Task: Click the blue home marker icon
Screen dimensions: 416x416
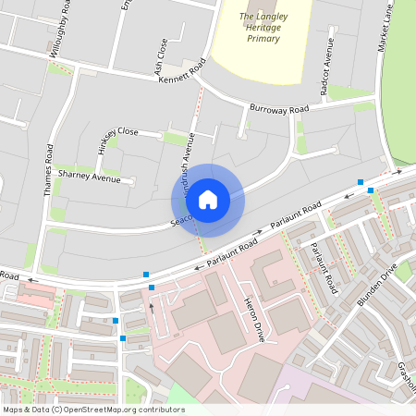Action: [x=208, y=199]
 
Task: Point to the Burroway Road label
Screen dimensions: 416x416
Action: [x=278, y=109]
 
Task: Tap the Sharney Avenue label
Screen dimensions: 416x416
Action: [x=90, y=176]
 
